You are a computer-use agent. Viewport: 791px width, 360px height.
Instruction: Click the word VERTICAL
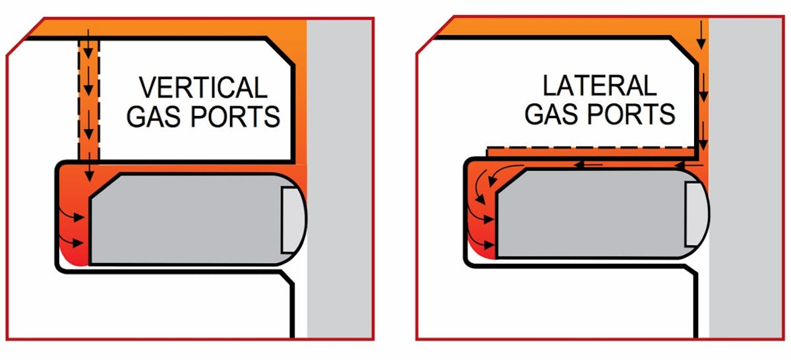click(202, 88)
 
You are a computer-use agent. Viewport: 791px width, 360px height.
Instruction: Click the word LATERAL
click(600, 86)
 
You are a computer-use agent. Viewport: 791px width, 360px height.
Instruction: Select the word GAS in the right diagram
click(554, 114)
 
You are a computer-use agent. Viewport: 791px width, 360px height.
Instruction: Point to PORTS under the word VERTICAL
click(236, 116)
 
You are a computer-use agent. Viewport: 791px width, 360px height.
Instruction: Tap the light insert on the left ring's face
click(289, 219)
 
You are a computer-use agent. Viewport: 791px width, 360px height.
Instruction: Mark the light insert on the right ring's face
click(693, 214)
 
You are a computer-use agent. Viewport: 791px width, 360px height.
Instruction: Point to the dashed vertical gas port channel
click(88, 99)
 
